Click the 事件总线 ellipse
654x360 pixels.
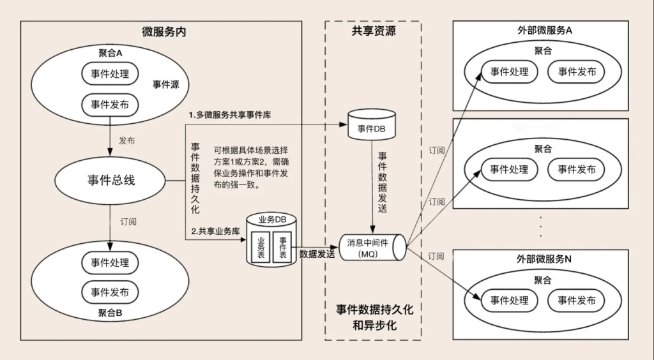tap(111, 180)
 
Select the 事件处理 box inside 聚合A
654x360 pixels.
tap(110, 73)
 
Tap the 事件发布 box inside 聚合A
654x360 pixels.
tap(110, 104)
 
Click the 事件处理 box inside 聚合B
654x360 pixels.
tap(110, 262)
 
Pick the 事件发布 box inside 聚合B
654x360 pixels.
tap(110, 292)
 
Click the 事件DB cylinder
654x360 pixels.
tap(371, 126)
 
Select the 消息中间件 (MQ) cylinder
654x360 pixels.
tap(372, 248)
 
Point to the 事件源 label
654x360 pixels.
tap(165, 84)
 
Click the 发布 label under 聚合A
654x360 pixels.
tap(126, 140)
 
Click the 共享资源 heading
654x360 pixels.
tap(374, 31)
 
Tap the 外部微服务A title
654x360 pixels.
tap(545, 31)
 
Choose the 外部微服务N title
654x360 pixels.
tap(544, 259)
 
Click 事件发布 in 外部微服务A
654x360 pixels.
tap(577, 71)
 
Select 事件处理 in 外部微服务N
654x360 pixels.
tap(509, 300)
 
